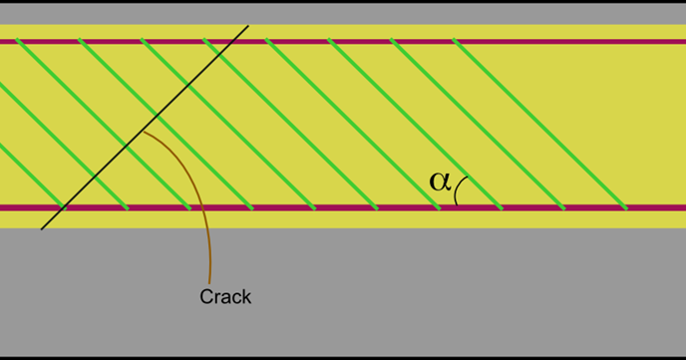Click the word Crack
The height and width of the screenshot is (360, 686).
tap(225, 297)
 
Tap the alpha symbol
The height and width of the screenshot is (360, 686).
tap(440, 180)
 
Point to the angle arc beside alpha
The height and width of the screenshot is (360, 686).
tap(460, 189)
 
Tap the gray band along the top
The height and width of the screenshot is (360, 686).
tap(343, 13)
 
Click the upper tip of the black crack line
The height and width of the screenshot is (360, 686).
tap(247, 25)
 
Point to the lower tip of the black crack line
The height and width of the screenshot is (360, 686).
tap(42, 229)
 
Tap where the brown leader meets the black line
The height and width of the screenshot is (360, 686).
tap(143, 130)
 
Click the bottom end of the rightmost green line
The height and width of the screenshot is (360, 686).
tap(626, 208)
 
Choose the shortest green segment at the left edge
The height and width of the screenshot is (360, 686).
tap(9, 154)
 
